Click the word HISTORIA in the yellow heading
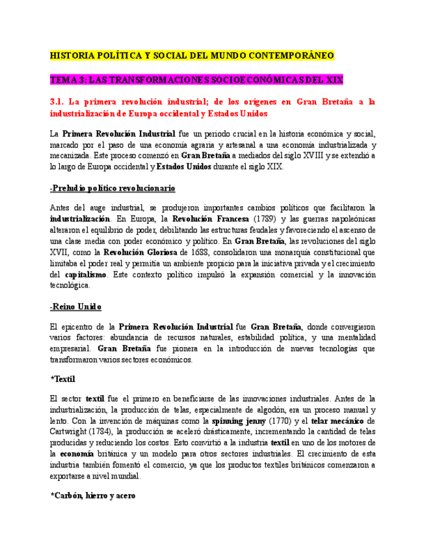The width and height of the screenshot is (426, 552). coord(73,57)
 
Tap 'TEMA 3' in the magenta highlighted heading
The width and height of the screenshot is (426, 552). coord(67,79)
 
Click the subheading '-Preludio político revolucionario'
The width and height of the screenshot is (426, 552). coord(113,188)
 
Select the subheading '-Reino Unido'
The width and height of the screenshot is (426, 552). coord(75,307)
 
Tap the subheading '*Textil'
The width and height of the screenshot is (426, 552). coord(63,379)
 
